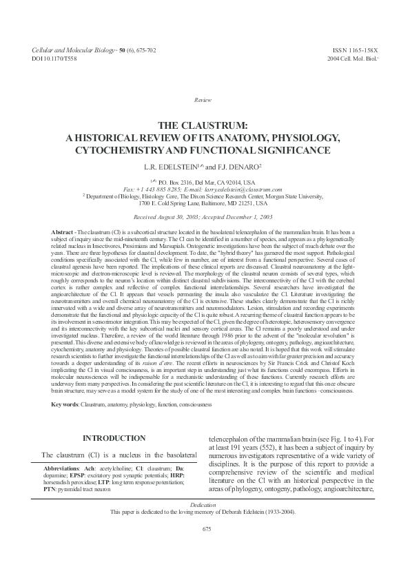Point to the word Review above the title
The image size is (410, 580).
click(205, 101)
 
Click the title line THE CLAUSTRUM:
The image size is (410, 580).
click(205, 126)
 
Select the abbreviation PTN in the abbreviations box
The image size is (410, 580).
click(50, 489)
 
